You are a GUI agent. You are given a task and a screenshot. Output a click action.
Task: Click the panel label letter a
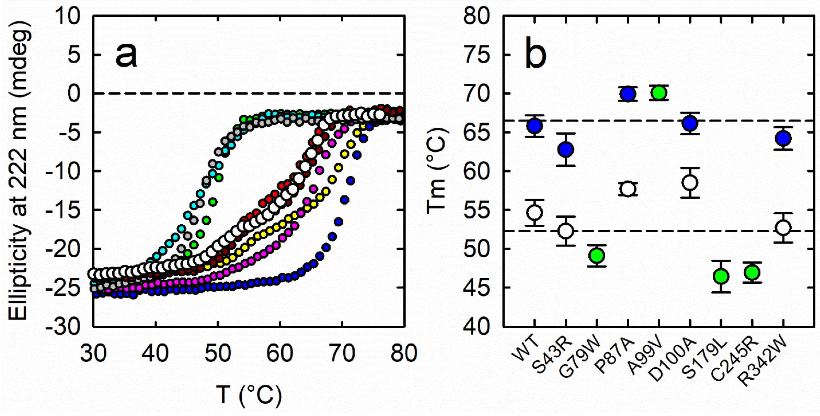coord(126,55)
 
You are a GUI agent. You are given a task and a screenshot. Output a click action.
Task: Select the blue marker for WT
coord(535,126)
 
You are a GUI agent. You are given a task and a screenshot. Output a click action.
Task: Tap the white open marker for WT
coord(535,213)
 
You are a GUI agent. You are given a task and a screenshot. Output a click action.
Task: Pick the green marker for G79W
coord(597,255)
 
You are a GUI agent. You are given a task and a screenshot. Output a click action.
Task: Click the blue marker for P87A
coord(628,94)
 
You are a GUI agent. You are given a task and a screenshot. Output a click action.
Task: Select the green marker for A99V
coord(659,93)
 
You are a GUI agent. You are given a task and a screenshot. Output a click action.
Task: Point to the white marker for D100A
coord(690,183)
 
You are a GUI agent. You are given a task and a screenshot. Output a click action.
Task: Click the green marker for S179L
coord(721,276)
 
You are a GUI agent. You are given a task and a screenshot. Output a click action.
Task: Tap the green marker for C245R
coord(752,272)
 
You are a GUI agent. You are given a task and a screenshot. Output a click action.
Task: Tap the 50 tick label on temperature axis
coord(217,353)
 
